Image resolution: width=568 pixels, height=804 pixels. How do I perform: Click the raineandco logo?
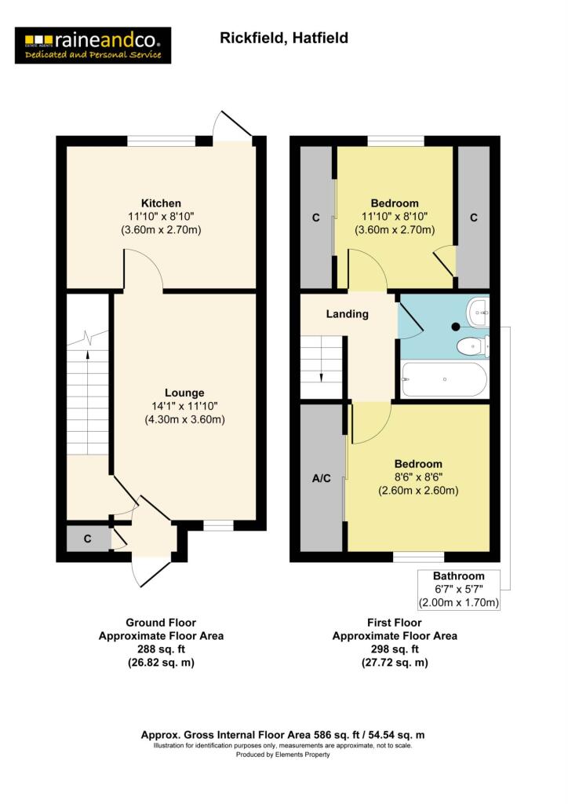93,45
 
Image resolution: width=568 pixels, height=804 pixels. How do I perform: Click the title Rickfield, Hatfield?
283,38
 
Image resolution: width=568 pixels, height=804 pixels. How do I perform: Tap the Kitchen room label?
161,203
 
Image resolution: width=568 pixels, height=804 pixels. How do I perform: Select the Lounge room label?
184,393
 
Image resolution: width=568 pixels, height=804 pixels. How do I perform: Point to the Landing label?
348,314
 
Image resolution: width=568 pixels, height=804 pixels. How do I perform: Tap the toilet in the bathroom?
473,345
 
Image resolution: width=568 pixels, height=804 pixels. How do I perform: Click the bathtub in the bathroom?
443,380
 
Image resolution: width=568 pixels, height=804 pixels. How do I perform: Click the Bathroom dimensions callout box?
460,590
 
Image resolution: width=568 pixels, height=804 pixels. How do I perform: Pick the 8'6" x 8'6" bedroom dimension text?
418,477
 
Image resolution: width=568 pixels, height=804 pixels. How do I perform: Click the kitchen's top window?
162,141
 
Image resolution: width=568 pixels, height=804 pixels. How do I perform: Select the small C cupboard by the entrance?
88,539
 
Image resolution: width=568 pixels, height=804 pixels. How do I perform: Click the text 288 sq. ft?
161,649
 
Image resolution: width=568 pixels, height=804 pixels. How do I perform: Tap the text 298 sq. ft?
395,649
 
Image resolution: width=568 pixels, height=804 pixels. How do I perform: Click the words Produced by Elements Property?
283,755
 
